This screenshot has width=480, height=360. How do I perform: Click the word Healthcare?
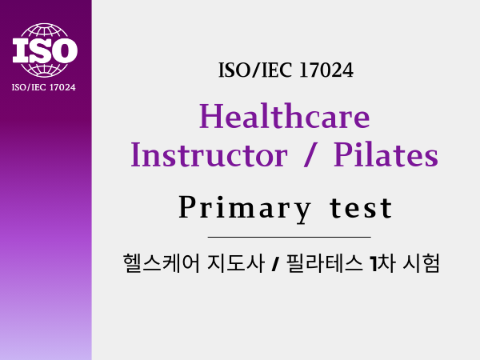[x=284, y=116]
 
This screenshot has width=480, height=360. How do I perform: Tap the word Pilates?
[x=386, y=154]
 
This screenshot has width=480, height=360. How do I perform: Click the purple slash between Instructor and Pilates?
[x=310, y=155]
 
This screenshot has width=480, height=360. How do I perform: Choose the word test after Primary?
[x=361, y=208]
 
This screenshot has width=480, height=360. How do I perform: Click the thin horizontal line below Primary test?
[x=290, y=237]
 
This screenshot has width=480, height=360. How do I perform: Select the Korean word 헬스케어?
[x=161, y=263]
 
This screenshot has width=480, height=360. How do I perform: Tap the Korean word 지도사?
[x=236, y=263]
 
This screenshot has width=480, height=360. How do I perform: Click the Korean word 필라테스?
[x=324, y=263]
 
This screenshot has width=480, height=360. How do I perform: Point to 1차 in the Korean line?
[x=382, y=263]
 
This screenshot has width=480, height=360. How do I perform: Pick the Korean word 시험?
[x=422, y=263]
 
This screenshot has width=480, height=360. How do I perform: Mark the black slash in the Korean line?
[x=275, y=265]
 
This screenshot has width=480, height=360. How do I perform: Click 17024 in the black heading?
[x=326, y=70]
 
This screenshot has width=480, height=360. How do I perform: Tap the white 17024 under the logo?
[x=62, y=87]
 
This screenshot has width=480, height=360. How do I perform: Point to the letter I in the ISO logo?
[x=21, y=50]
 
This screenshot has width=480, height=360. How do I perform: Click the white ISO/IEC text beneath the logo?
[x=29, y=87]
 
